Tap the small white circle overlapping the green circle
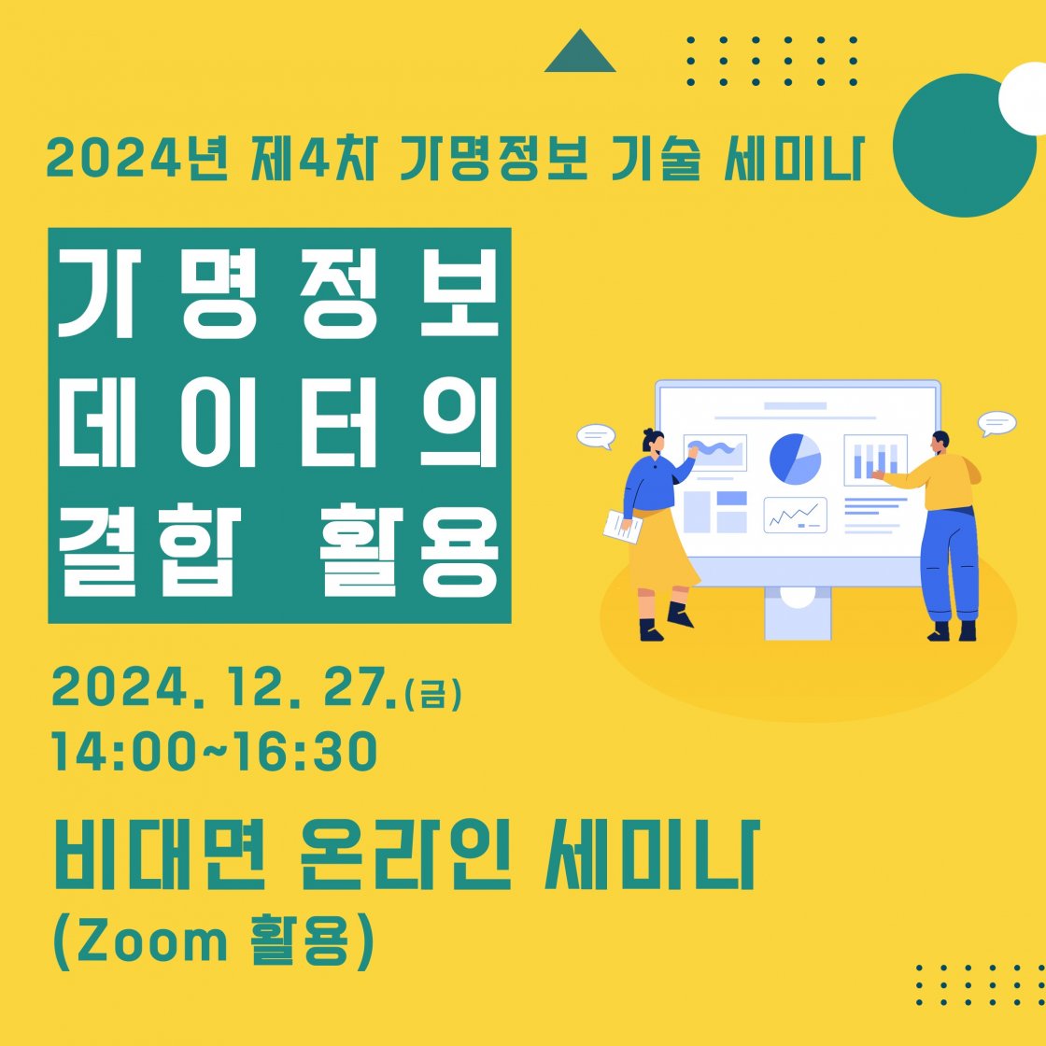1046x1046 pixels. tap(1024, 99)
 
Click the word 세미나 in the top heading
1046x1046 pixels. tap(795, 159)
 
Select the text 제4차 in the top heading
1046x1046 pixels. tap(314, 159)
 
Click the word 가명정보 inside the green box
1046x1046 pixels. tap(279, 293)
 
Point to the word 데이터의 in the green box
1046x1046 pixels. tap(279, 422)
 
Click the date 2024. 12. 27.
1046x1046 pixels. tap(224, 686)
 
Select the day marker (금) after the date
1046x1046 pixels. tap(432, 694)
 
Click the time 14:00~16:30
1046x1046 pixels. tap(215, 752)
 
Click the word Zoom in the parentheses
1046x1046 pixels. tap(153, 941)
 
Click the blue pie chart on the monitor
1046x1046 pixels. tap(795, 459)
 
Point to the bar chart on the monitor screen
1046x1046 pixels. tap(875, 459)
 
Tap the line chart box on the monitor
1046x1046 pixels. tap(795, 515)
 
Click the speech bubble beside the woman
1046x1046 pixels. tap(596, 437)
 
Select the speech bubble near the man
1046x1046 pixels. tap(997, 424)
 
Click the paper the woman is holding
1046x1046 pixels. tap(622, 527)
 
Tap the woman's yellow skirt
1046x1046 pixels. tap(660, 550)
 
